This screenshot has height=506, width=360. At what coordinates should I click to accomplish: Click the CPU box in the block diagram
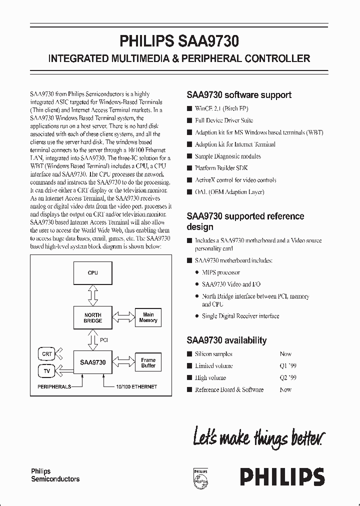tap(92, 273)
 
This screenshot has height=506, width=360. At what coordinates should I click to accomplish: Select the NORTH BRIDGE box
tap(92, 318)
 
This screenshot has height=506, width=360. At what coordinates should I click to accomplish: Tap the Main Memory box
tap(148, 317)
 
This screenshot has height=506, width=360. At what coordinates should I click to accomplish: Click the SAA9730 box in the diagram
tap(92, 362)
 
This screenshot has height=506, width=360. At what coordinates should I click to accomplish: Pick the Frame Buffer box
tap(148, 362)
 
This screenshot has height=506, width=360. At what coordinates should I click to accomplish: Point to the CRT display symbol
tap(47, 354)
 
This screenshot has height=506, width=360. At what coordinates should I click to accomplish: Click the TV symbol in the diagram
tap(47, 371)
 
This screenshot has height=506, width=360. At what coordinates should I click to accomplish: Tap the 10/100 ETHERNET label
tap(136, 386)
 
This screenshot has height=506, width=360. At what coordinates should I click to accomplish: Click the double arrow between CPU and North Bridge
tap(92, 295)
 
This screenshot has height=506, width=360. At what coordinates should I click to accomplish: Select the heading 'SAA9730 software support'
tap(239, 94)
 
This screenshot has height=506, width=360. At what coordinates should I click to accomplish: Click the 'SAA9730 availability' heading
tap(226, 340)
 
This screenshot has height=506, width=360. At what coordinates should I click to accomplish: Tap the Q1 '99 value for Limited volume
tap(288, 366)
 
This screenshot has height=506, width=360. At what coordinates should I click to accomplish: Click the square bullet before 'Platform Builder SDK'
tap(189, 168)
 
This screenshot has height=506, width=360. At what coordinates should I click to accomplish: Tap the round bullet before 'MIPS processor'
tap(196, 272)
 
